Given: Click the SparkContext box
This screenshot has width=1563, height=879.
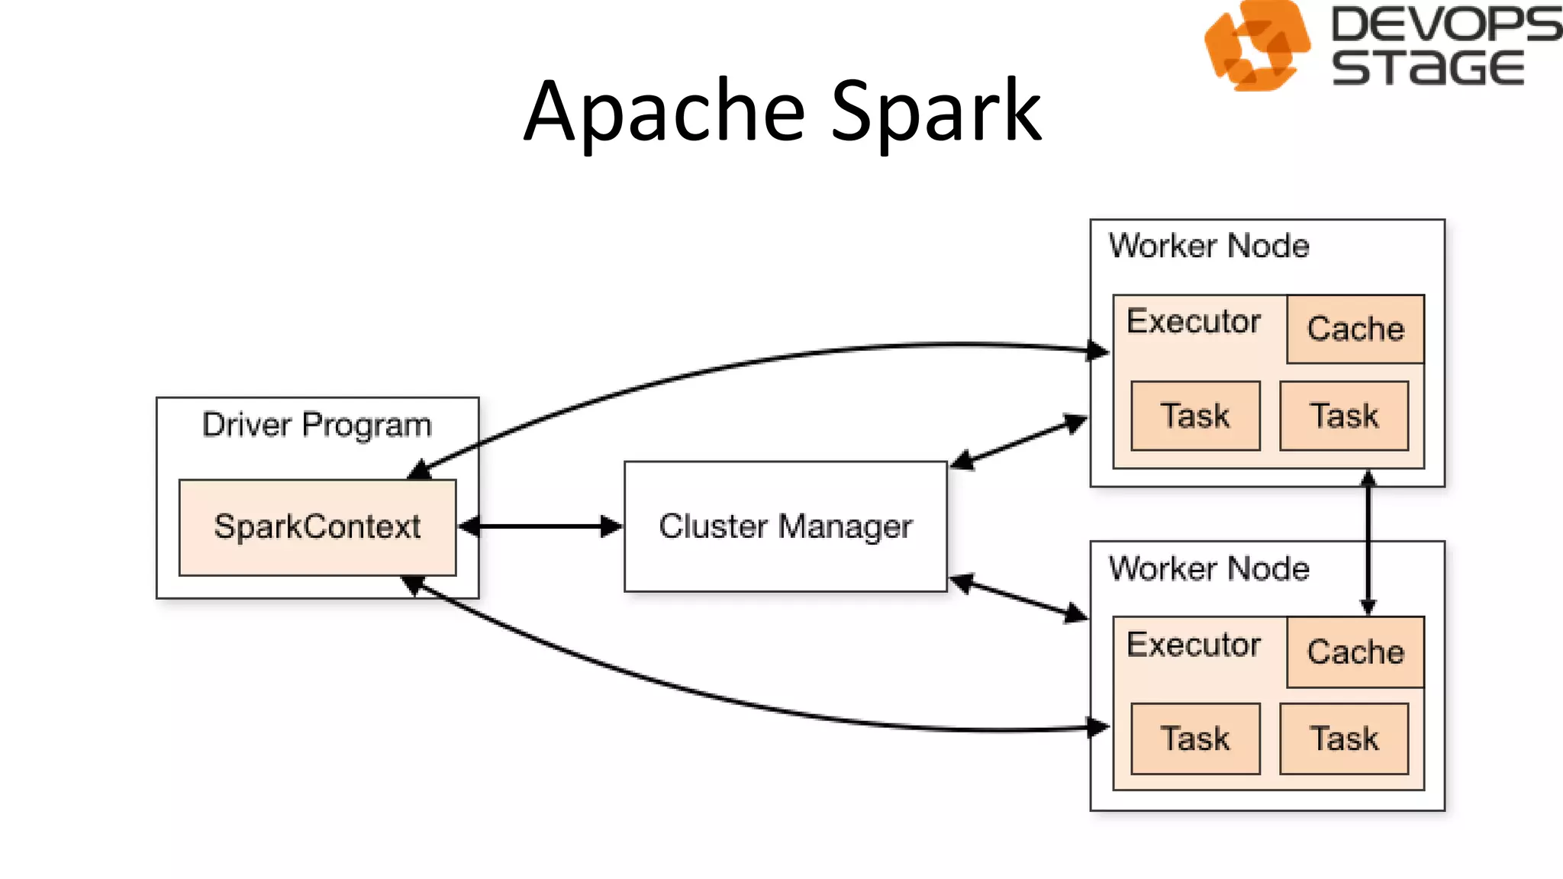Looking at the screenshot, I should [317, 527].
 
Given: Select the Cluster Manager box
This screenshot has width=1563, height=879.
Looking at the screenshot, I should [785, 526].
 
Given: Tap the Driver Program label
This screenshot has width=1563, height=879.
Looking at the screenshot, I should [317, 425].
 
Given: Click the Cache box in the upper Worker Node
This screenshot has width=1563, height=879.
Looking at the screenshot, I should [1355, 329].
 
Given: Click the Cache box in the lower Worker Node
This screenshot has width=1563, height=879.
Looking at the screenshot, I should [1355, 652].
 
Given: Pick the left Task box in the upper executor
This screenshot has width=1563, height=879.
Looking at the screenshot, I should [1195, 416].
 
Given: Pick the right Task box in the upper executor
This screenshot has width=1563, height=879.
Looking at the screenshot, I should [1344, 416].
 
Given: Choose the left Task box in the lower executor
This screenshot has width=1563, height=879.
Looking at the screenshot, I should [1195, 739].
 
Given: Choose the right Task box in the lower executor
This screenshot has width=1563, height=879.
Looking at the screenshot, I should [1344, 739].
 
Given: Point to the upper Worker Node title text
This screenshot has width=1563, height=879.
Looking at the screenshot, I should [1209, 246].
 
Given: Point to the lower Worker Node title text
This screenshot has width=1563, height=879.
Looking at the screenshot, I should [1209, 569].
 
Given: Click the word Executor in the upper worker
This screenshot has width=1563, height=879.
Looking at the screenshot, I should [1194, 321].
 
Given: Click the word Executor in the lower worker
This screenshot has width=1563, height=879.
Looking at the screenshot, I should [1194, 645].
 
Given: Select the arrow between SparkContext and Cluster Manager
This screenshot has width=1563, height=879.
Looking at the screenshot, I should [540, 526].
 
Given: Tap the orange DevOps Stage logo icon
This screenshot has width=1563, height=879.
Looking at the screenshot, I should [1257, 46].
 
